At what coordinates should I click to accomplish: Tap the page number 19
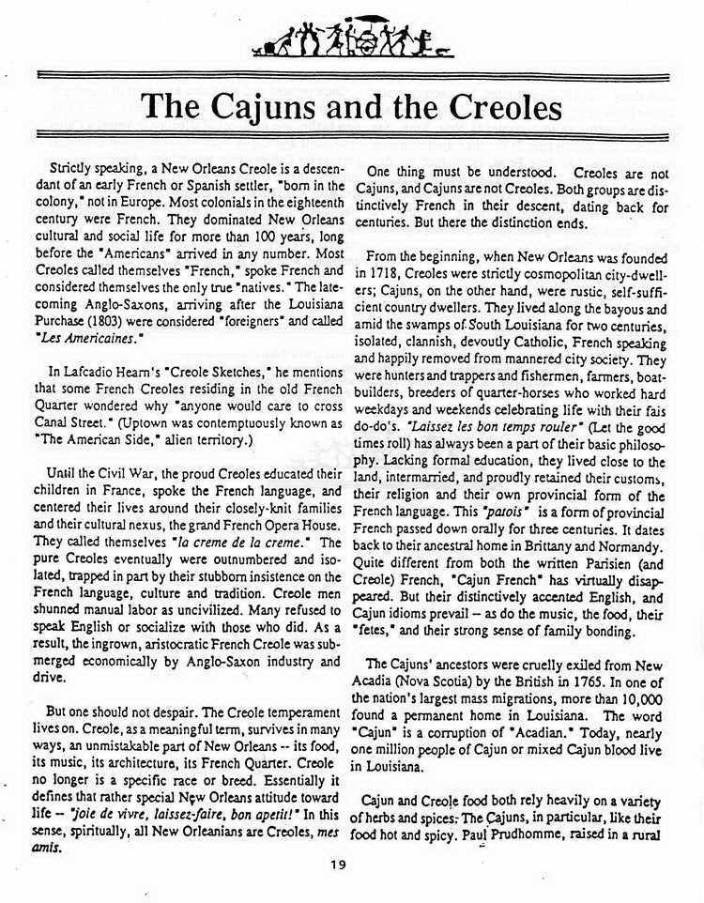[339, 865]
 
